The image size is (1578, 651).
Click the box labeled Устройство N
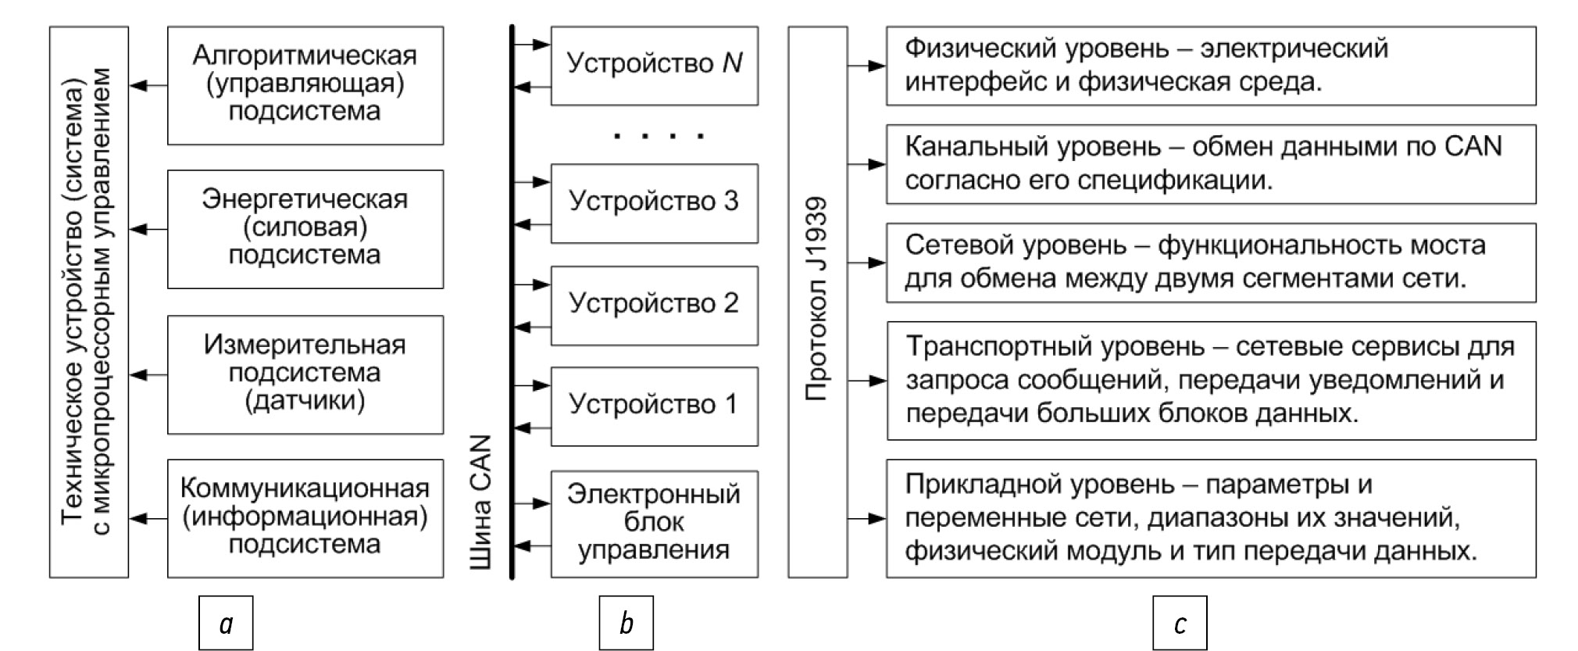tap(654, 65)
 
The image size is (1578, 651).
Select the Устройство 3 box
tap(654, 202)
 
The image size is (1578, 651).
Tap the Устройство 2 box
tap(654, 305)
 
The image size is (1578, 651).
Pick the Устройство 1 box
tap(654, 406)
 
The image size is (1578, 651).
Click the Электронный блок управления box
tap(654, 523)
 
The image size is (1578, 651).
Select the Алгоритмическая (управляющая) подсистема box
tap(305, 84)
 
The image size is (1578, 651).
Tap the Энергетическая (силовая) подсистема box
tap(305, 228)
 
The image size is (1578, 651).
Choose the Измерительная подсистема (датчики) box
tap(305, 374)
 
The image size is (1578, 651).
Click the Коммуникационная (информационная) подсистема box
tap(305, 517)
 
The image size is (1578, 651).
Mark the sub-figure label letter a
tap(226, 623)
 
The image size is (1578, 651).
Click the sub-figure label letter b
tap(626, 623)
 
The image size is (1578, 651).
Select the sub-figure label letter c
tap(1180, 623)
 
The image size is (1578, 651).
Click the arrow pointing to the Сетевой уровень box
tap(866, 263)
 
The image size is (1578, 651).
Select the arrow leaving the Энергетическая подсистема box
tap(148, 229)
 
